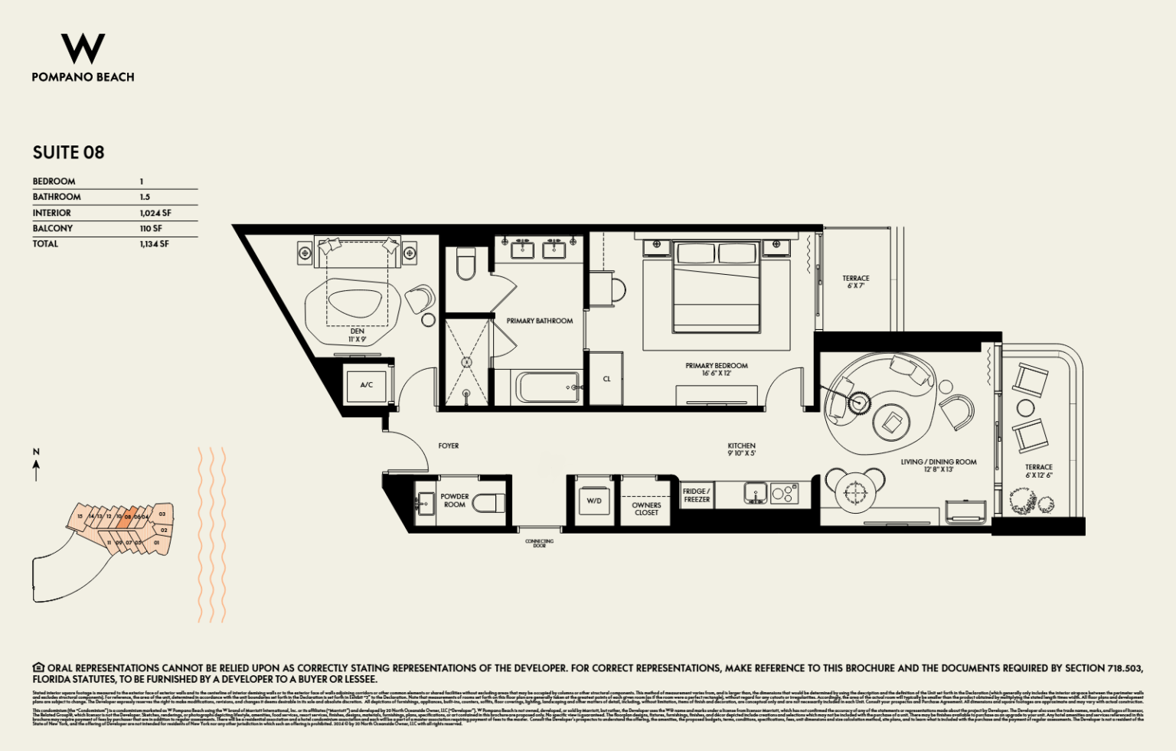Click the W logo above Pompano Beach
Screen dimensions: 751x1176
(x=83, y=49)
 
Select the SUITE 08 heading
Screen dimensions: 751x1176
(x=68, y=152)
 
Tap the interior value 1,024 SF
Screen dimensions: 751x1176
(x=155, y=213)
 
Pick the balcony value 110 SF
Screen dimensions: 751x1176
(x=151, y=228)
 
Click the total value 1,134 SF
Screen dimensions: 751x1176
(x=154, y=243)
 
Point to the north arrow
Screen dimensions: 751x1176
(x=36, y=466)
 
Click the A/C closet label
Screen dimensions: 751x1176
(x=367, y=384)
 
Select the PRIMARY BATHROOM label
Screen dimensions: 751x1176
(x=539, y=321)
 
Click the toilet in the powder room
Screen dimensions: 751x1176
(x=488, y=503)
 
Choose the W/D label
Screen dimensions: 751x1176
(x=594, y=501)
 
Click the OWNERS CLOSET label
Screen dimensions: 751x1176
(x=646, y=508)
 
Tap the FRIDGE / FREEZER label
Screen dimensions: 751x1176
(x=696, y=495)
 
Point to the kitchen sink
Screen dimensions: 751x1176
(x=755, y=493)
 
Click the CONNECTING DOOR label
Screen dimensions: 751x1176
(x=539, y=544)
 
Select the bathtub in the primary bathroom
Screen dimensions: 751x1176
(x=547, y=387)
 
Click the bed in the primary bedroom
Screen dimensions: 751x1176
(x=716, y=287)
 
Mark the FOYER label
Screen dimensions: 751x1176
(x=449, y=446)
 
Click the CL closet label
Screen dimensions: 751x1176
(x=606, y=379)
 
